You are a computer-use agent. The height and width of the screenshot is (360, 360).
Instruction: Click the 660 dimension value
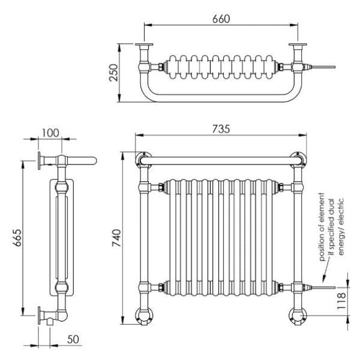pos(221,19)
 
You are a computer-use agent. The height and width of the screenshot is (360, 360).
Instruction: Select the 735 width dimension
pos(221,129)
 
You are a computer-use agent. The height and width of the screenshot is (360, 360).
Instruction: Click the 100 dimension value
pos(51,132)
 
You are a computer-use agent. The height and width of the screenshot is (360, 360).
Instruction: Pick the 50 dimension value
pos(73,339)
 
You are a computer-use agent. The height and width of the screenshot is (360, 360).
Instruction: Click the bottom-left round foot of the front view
pos(145,314)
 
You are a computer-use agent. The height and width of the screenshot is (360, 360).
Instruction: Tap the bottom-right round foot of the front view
pos(297,314)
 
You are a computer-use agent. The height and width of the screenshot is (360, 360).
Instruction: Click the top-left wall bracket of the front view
pos(144,160)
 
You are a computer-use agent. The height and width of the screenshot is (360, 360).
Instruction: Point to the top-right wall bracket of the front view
pos(297,160)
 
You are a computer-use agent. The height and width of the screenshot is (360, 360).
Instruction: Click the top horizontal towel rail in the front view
pos(221,161)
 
